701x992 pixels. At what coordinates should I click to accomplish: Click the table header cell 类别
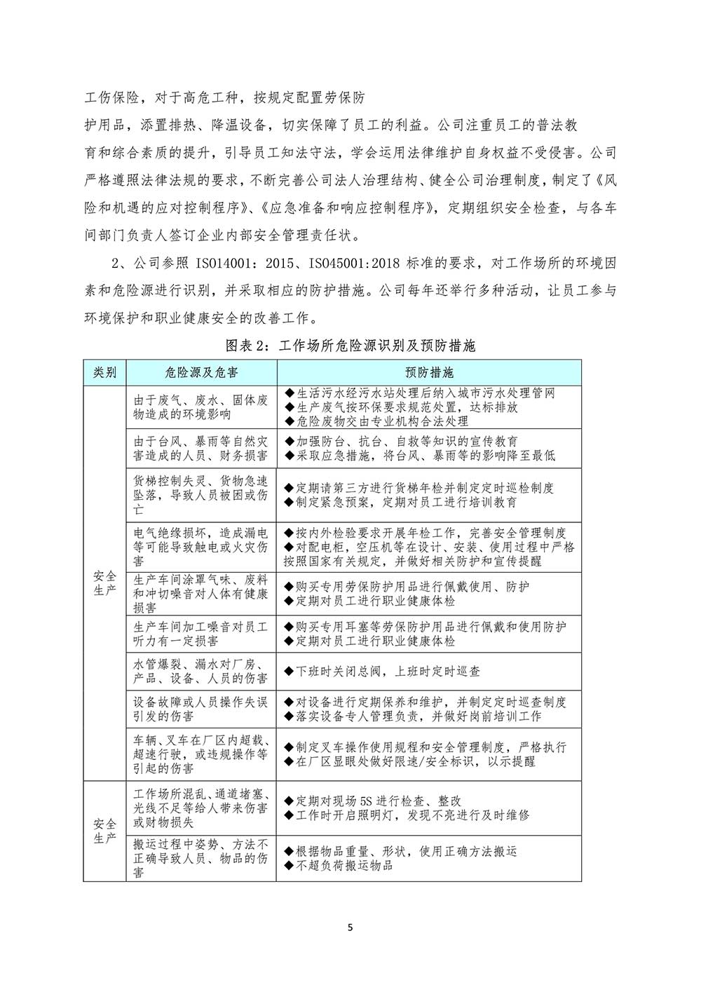[x=104, y=372]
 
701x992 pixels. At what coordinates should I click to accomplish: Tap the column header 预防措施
[x=429, y=372]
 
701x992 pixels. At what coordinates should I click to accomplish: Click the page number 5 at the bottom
[x=350, y=929]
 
